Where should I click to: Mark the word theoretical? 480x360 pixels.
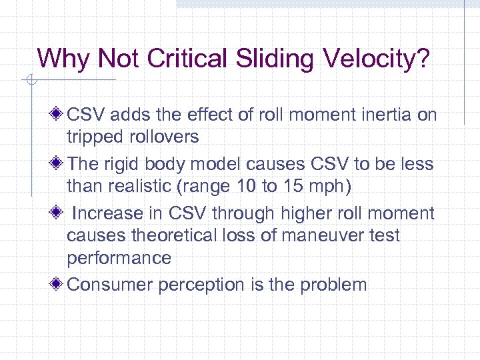click(172, 236)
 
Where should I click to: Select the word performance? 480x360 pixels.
click(119, 258)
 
